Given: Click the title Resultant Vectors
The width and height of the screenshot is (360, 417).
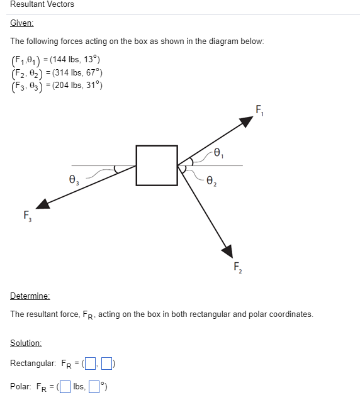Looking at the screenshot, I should click(x=42, y=4).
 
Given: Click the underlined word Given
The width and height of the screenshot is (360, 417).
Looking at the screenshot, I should click(x=22, y=23).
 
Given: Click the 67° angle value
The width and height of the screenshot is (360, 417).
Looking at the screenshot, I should click(x=92, y=73).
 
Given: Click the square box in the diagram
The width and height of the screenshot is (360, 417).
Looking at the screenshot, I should click(x=157, y=165).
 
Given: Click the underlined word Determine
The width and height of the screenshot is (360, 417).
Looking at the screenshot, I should click(x=30, y=296).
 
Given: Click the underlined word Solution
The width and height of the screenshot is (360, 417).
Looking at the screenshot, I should click(x=26, y=343).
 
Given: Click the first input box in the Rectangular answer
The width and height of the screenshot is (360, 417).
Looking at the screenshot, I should click(x=91, y=364).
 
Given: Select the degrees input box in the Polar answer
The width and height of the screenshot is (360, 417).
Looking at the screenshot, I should click(x=93, y=386).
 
